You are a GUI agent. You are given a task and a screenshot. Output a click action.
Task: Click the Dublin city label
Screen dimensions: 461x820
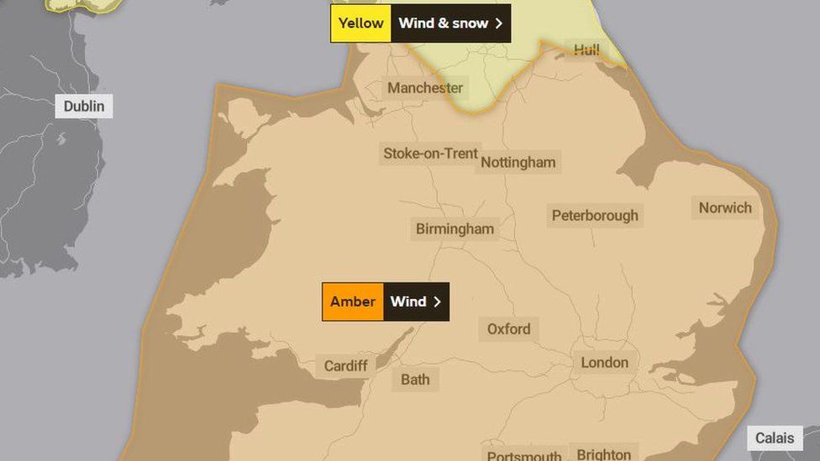(x=84, y=107)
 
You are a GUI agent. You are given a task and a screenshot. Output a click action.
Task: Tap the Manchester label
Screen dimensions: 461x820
(x=424, y=88)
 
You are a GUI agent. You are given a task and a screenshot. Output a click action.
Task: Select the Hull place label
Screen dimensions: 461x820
(x=586, y=50)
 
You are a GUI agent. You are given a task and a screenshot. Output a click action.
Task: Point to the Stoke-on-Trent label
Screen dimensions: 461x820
(x=430, y=154)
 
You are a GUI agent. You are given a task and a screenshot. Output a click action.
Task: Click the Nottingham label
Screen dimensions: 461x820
(x=518, y=163)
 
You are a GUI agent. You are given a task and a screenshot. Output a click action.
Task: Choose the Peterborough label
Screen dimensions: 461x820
(x=595, y=216)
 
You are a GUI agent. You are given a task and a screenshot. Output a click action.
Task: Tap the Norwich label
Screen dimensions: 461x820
(x=725, y=208)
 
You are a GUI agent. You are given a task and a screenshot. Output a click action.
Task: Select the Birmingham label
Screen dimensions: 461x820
(x=455, y=229)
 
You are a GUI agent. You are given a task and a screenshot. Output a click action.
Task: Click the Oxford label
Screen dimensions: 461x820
(x=508, y=329)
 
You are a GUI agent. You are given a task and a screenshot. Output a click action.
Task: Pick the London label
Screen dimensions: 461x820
(x=604, y=363)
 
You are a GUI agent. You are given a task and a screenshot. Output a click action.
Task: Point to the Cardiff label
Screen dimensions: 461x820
(x=345, y=366)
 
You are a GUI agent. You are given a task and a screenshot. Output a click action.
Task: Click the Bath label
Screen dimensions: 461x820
(x=415, y=380)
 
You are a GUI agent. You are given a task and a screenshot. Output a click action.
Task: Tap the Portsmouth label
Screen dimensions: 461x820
(x=524, y=454)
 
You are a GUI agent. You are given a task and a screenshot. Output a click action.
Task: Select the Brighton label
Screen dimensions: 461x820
(x=603, y=453)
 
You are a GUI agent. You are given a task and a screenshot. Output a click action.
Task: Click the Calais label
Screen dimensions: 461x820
(x=775, y=438)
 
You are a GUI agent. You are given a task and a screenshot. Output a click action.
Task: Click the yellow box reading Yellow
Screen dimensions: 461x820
(x=360, y=24)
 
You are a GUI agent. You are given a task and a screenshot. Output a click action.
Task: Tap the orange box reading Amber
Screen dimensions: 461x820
(x=353, y=301)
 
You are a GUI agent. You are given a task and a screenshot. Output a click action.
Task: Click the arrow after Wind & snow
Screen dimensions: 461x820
(x=499, y=24)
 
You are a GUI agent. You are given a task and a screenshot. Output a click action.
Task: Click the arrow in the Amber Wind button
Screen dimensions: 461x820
(x=437, y=301)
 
